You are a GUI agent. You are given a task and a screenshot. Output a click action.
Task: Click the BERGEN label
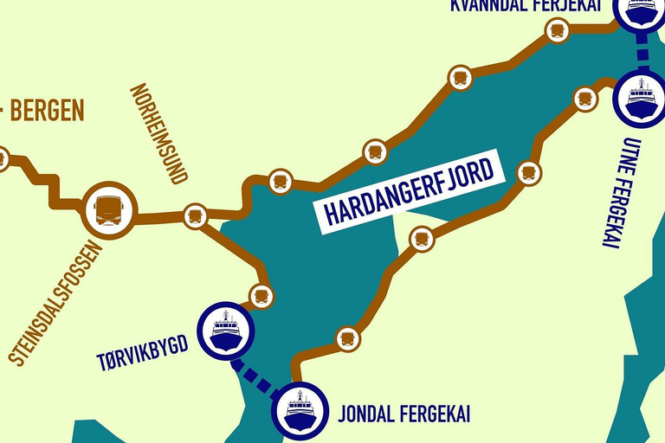pyautogui.click(x=47, y=110)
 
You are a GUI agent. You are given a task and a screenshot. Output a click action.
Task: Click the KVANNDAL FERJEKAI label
pyautogui.click(x=529, y=6)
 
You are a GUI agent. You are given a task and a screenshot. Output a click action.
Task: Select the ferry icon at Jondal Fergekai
pyautogui.click(x=300, y=410)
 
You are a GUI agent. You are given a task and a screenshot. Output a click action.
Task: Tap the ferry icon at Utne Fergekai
pyautogui.click(x=642, y=98)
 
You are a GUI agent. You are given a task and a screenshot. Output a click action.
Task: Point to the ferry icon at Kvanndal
pyautogui.click(x=642, y=9)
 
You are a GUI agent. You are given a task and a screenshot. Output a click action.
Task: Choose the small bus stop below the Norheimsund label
pyautogui.click(x=195, y=215)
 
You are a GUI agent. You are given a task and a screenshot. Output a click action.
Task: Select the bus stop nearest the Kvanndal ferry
pyautogui.click(x=557, y=31)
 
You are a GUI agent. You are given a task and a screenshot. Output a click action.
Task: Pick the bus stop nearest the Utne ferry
pyautogui.click(x=585, y=99)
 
